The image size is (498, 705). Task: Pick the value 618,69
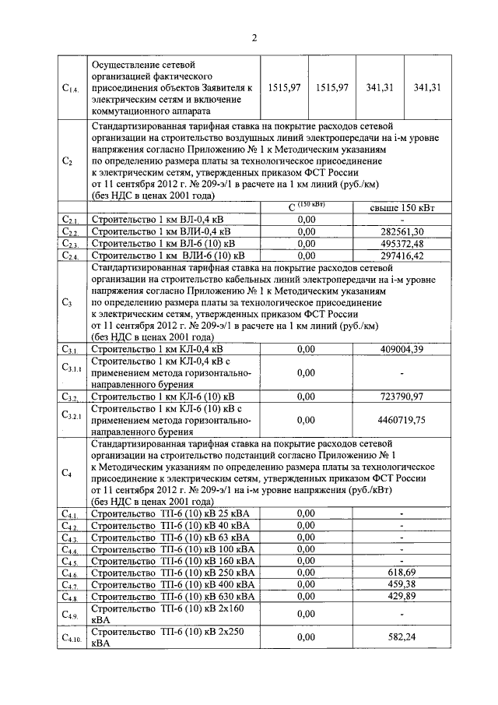point(401,573)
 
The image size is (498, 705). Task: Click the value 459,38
point(401,584)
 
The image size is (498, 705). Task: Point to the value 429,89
point(401,596)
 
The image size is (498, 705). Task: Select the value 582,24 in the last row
point(401,636)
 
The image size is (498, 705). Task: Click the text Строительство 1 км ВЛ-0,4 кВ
point(156,220)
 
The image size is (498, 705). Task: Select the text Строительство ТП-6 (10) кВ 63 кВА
point(170,538)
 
